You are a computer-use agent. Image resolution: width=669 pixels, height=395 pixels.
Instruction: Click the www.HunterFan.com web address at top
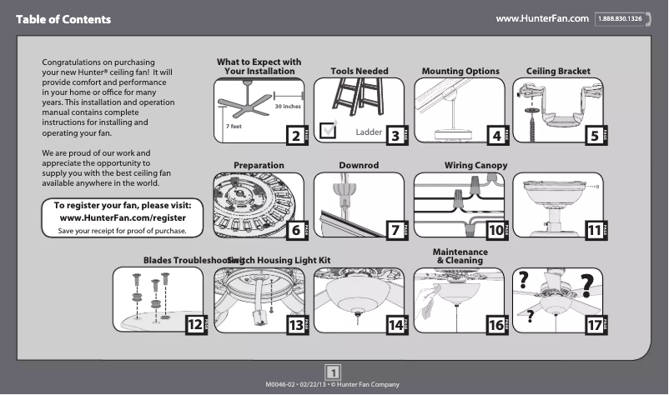pyautogui.click(x=542, y=18)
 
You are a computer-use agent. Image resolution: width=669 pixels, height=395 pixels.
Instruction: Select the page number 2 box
pyautogui.click(x=294, y=135)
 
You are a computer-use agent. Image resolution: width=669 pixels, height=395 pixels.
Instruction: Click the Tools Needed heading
pyautogui.click(x=360, y=72)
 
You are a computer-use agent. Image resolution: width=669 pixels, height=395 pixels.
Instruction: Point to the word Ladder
pyautogui.click(x=368, y=132)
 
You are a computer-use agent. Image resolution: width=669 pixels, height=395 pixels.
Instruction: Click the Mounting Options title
pyautogui.click(x=460, y=72)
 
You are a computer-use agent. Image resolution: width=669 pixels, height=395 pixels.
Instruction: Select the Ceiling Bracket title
pyautogui.click(x=558, y=72)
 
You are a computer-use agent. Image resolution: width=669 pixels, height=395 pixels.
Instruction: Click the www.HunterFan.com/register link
pyautogui.click(x=123, y=217)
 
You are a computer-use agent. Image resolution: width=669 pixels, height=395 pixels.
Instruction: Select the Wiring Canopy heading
pyautogui.click(x=475, y=166)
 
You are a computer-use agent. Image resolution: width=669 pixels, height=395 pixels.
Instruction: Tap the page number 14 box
pyautogui.click(x=396, y=326)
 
